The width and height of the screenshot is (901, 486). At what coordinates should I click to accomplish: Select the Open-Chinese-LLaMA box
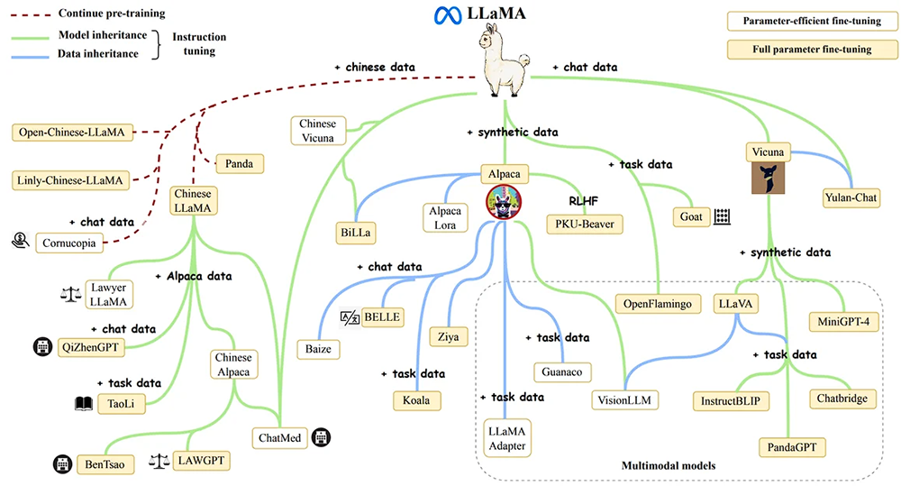pos(70,133)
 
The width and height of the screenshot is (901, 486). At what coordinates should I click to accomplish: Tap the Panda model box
pos(240,164)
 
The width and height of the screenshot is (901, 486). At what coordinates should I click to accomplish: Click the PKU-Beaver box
pos(584,220)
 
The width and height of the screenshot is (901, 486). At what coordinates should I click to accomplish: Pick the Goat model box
pos(690,217)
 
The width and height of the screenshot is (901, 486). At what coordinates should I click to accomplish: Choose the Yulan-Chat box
pos(852,197)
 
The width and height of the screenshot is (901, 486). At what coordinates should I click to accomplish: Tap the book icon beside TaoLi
pos(86,405)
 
